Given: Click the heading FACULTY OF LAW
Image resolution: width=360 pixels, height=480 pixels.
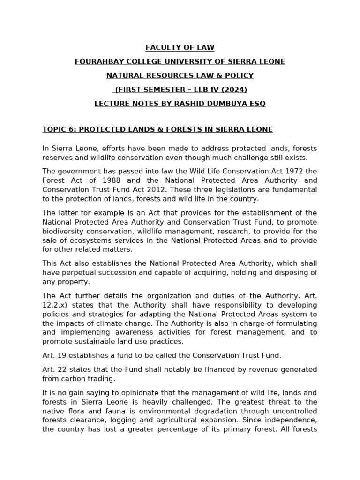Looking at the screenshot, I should click(x=180, y=47).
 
